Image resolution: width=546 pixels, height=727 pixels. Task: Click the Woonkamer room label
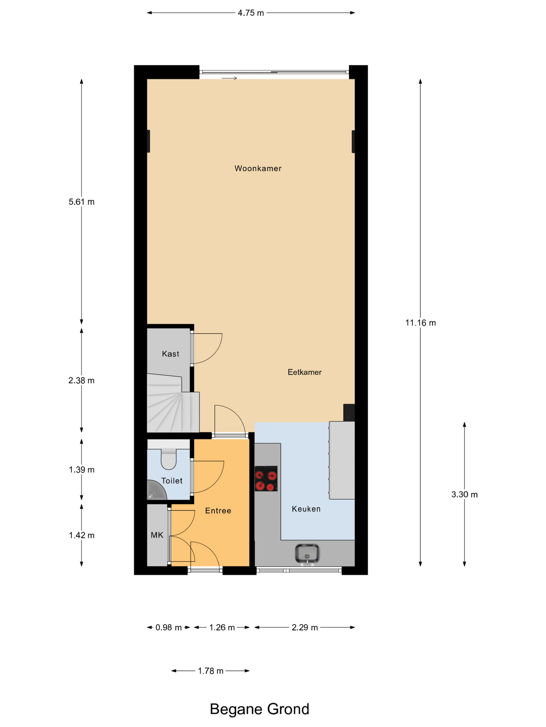pos(258,169)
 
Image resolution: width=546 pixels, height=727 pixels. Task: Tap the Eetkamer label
pos(304,372)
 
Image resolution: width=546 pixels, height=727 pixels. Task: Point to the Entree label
pos(218,510)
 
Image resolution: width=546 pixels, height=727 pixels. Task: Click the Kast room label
pos(171,354)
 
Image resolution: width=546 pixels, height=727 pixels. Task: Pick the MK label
pos(157,535)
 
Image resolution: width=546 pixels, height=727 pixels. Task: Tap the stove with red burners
pos(266,479)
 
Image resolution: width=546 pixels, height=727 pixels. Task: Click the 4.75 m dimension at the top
pos(251,13)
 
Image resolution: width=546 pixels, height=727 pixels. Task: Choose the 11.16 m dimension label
pos(420,323)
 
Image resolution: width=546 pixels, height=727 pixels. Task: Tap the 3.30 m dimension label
pos(464,494)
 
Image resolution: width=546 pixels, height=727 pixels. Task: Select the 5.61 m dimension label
pos(81,202)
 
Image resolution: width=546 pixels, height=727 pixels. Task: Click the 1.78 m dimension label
pos(210,671)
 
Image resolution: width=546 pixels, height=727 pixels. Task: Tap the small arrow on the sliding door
pos(229,78)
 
